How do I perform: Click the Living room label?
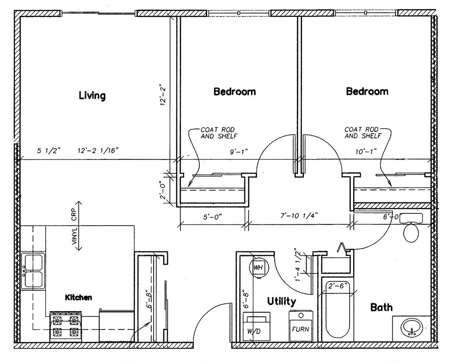coord(92,96)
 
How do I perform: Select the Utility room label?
coord(281,301)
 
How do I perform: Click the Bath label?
coord(381,308)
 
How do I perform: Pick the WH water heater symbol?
coord(258,267)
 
